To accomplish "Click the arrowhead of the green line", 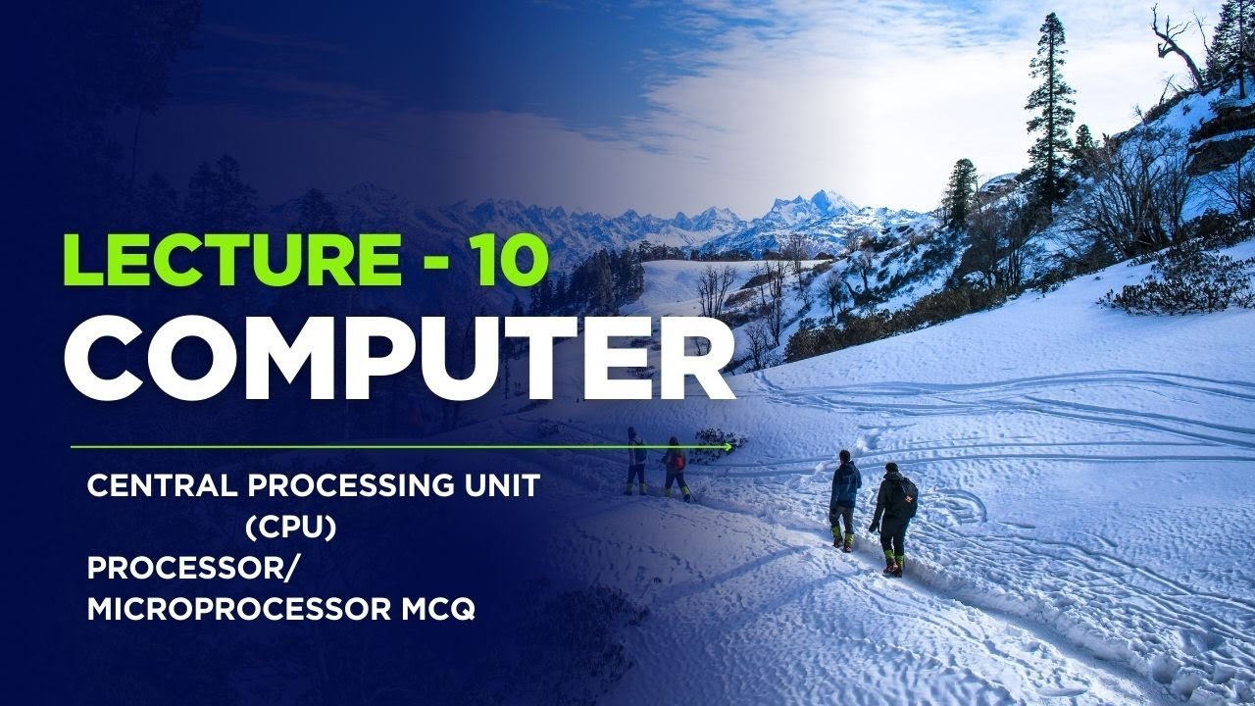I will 728,447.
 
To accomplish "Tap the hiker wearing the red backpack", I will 675,467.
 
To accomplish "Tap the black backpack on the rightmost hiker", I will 907,496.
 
